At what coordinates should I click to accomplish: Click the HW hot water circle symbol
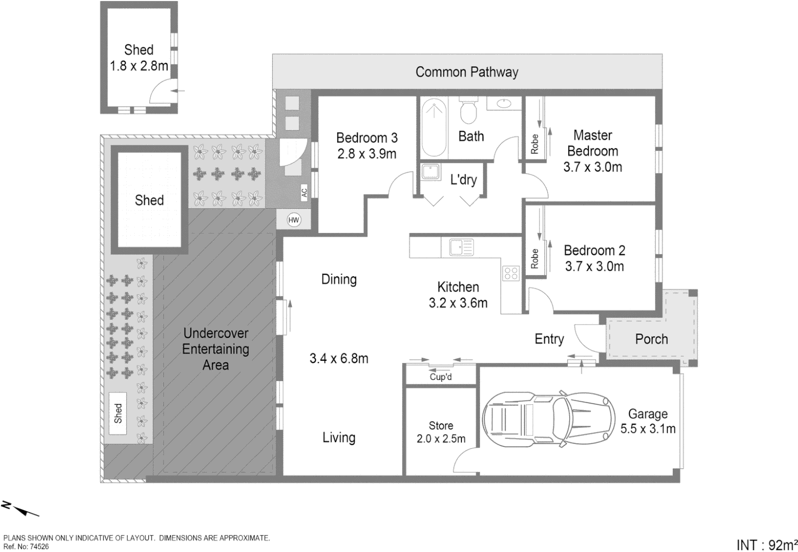coord(294,220)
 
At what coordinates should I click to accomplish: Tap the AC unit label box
coord(304,193)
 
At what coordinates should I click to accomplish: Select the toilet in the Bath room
coord(468,110)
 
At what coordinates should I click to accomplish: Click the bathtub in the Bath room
coord(434,127)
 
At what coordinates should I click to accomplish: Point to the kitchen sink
coord(461,247)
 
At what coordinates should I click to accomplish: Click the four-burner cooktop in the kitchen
coord(511,273)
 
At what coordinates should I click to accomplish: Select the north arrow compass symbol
coord(20,509)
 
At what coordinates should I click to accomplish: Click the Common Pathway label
coord(466,72)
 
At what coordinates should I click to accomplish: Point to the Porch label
coord(651,339)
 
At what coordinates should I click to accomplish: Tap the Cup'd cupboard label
coord(441,377)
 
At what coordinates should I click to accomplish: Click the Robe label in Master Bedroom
coord(534,144)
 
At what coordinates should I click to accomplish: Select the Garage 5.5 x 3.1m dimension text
coord(648,421)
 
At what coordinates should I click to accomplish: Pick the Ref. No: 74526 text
coord(26,546)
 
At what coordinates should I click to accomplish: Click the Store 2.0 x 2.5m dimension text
coord(441,432)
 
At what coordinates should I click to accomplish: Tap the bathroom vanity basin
coord(504,103)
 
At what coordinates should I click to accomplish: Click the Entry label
coord(549,339)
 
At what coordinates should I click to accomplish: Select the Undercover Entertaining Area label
coord(216,349)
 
